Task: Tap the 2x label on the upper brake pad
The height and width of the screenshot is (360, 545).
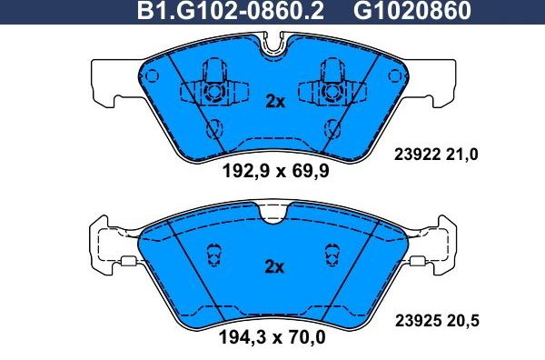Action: click(274, 102)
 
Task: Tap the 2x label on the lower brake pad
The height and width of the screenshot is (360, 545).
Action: click(274, 267)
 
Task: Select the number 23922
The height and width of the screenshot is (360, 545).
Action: click(420, 155)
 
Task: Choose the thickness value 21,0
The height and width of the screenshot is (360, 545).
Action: click(462, 155)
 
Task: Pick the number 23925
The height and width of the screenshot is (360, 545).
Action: click(420, 319)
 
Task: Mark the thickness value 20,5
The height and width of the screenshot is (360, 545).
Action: click(462, 319)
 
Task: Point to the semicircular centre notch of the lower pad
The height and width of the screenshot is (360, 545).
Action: click(272, 214)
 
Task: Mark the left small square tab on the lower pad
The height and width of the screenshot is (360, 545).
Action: click(129, 264)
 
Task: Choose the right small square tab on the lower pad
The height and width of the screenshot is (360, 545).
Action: click(417, 264)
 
